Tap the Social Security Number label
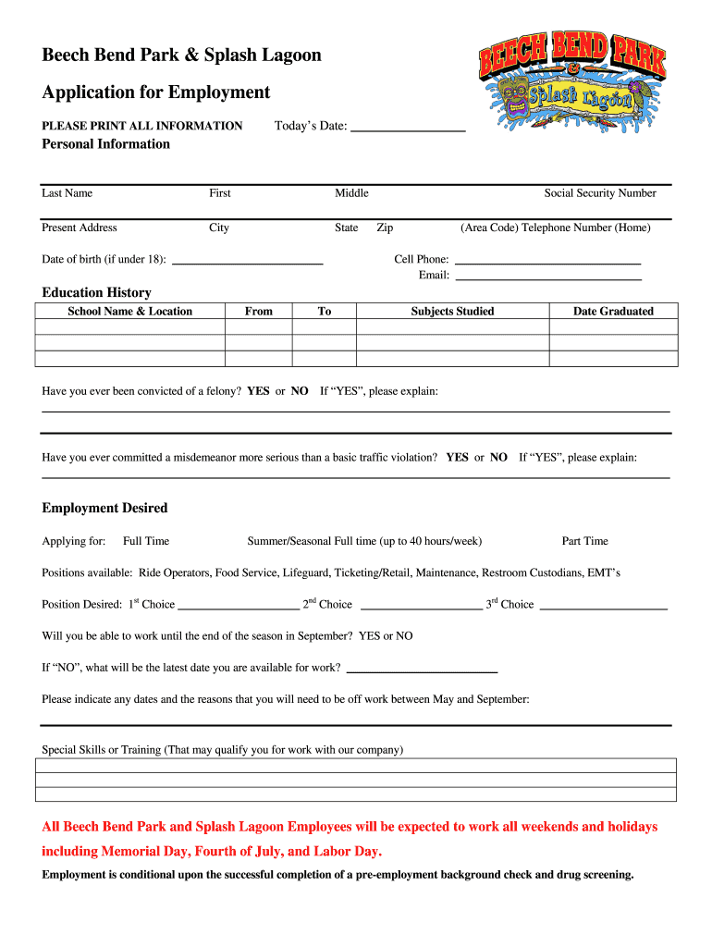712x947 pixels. click(x=599, y=193)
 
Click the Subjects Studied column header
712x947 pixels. click(x=452, y=312)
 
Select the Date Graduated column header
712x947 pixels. click(x=612, y=312)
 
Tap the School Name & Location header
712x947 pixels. click(x=129, y=312)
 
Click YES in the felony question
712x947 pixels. click(x=258, y=391)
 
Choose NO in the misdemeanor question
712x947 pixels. click(x=498, y=457)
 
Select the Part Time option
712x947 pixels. click(x=584, y=541)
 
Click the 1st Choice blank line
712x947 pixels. click(x=238, y=608)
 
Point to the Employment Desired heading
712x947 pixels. click(x=104, y=508)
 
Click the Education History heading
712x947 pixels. click(x=96, y=292)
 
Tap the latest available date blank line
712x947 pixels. click(x=421, y=670)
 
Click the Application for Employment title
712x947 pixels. click(x=155, y=92)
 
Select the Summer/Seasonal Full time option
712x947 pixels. click(x=363, y=541)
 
